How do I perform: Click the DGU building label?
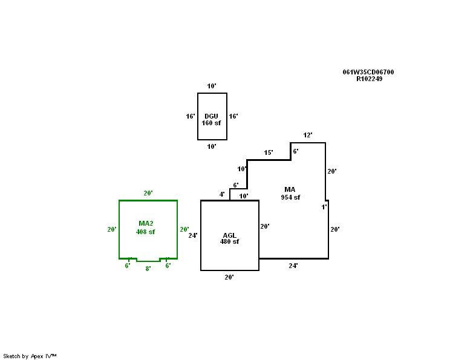pos(211,116)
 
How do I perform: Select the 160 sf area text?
pos(211,123)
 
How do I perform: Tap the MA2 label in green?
pos(146,224)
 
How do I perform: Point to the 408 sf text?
pos(146,232)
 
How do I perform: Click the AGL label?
pos(229,235)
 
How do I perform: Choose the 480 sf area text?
pos(229,241)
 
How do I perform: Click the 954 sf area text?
pos(290,197)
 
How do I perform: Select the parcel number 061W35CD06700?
pos(368,72)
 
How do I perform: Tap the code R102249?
pos(369,79)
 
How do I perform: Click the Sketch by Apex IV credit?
pos(30,356)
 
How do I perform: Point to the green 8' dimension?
pos(148,269)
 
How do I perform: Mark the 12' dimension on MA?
pos(308,135)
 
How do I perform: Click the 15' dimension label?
pos(269,152)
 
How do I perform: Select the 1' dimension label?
pos(324,207)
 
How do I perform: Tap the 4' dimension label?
pos(222,194)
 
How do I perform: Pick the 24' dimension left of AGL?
pos(193,235)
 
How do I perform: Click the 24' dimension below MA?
pos(293,266)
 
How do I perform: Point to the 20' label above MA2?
pos(148,193)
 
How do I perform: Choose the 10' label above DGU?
pos(212,86)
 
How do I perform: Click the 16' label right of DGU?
pos(233,116)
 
